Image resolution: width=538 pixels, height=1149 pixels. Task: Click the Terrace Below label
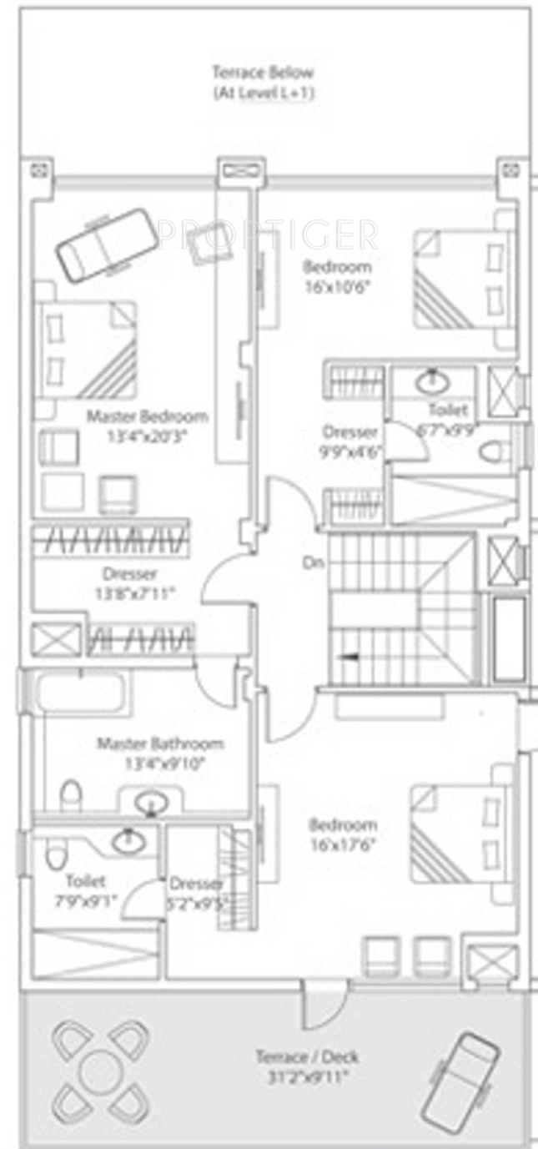click(x=263, y=73)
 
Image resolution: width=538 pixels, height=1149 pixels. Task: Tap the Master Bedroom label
click(x=148, y=416)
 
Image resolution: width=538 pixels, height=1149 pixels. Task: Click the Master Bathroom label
click(x=160, y=743)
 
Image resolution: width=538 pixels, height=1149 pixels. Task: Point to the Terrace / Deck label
click(x=308, y=1057)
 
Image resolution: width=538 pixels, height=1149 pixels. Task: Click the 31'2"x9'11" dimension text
click(x=308, y=1076)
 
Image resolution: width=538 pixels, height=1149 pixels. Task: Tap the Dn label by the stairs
click(x=313, y=563)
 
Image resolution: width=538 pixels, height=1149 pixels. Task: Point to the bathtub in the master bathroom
click(x=81, y=693)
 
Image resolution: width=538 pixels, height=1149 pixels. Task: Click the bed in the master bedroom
click(x=86, y=349)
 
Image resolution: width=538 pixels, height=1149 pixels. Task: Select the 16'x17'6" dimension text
click(x=343, y=844)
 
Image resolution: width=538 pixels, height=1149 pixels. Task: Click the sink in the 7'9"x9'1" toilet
click(x=127, y=840)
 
